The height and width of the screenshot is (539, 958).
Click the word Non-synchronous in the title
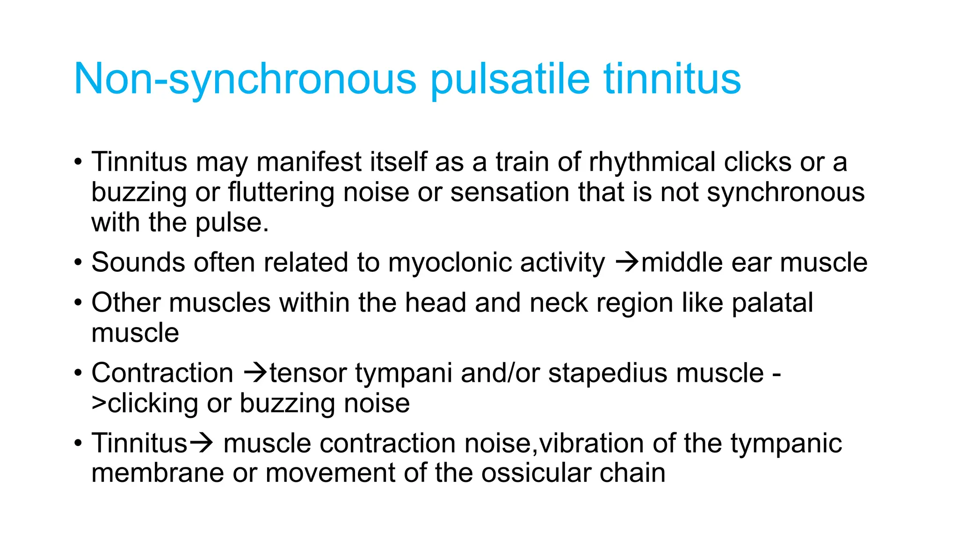[x=245, y=80]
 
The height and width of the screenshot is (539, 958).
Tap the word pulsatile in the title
[x=509, y=80]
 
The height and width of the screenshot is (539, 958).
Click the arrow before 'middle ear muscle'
[x=627, y=262]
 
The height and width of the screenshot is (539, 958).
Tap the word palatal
[x=772, y=303]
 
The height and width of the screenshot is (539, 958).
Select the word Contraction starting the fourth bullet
[x=162, y=373]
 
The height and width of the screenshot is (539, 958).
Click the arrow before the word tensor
[x=256, y=373]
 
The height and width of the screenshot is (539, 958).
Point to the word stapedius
[x=608, y=373]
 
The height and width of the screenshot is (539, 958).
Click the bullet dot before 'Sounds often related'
[x=78, y=262]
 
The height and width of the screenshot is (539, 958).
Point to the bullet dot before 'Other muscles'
[x=78, y=303]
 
